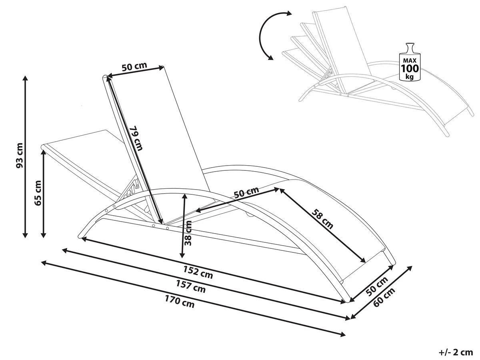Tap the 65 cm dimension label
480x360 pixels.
pos(38,193)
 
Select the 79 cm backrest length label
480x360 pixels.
pos(136,138)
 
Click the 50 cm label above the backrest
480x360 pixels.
pos(134,67)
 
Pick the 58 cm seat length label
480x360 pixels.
pos(323,218)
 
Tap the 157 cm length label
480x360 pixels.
pos(191,287)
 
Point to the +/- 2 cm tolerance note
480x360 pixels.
pos(456,352)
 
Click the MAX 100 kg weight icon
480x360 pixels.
pos(410,62)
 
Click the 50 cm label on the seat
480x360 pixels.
pos(246,193)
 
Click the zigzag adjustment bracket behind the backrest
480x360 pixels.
pos(131,188)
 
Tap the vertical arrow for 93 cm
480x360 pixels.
pos(26,156)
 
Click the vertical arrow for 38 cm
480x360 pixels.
pos(183,226)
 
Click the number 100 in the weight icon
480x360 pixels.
pos(410,67)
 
